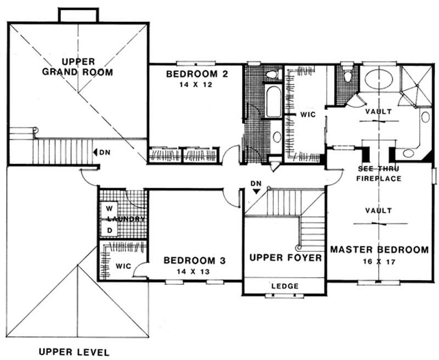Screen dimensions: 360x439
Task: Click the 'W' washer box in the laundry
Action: click(x=109, y=209)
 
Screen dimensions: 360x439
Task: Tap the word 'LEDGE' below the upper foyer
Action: click(x=285, y=286)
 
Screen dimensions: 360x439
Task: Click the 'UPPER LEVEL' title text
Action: click(x=74, y=352)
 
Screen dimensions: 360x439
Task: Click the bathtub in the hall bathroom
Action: click(x=273, y=101)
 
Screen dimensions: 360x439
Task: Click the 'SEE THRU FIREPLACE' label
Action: click(x=379, y=174)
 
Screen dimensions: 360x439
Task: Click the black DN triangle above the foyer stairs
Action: click(x=255, y=192)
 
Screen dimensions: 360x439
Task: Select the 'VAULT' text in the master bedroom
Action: click(x=379, y=211)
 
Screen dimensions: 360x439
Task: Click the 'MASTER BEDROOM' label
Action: click(x=379, y=250)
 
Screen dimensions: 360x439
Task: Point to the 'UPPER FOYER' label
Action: click(x=285, y=258)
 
